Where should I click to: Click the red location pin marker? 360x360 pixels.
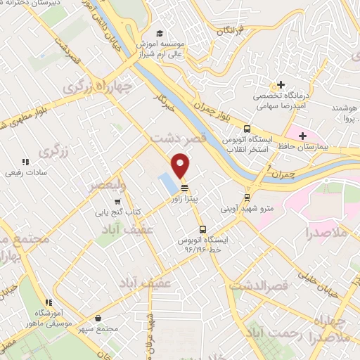point(181,165)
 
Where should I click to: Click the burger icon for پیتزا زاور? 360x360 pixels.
point(184,188)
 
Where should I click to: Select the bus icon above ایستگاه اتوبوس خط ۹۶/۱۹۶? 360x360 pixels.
point(202,229)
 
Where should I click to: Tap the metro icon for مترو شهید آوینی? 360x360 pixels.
point(247,197)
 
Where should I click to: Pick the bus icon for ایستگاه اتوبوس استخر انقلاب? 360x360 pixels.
point(247,129)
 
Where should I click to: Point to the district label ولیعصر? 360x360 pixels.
point(107,185)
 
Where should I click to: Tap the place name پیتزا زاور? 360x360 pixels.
point(184,200)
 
